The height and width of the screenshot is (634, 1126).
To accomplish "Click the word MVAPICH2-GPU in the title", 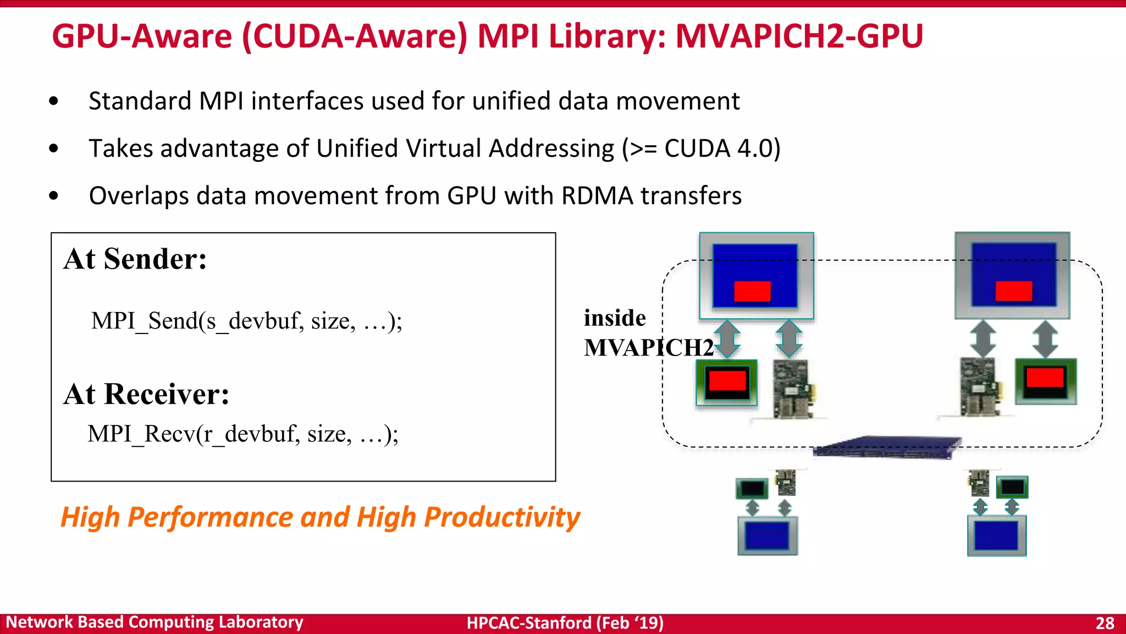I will [x=799, y=36].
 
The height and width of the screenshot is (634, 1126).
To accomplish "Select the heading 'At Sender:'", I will [x=135, y=259].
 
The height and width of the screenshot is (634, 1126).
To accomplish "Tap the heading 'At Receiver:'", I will [x=146, y=394].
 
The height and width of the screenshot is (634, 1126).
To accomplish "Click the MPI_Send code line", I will [x=247, y=321].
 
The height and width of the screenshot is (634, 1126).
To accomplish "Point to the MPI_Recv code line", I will [x=243, y=434].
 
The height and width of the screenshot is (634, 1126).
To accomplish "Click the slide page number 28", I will [x=1105, y=623].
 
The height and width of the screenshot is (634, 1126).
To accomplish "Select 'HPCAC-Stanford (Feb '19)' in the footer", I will [x=565, y=623].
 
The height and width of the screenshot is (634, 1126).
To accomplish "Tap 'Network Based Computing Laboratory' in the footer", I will [x=154, y=622].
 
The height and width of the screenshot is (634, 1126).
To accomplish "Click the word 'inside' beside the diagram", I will [x=615, y=318].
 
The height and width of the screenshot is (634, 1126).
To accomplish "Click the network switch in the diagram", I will [x=886, y=447].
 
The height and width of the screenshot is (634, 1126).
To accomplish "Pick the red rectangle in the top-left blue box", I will [x=752, y=291].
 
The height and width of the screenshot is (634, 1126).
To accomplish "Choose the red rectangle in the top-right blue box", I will [x=1013, y=291].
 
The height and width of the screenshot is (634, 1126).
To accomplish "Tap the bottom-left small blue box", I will [x=767, y=535].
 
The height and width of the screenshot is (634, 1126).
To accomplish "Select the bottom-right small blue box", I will [x=996, y=535].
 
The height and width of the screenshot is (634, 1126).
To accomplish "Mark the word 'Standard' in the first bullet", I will [x=140, y=101].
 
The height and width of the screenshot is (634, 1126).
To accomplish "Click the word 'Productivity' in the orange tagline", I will [x=502, y=517].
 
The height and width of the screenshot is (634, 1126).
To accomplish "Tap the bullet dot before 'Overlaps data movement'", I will [x=53, y=196].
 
